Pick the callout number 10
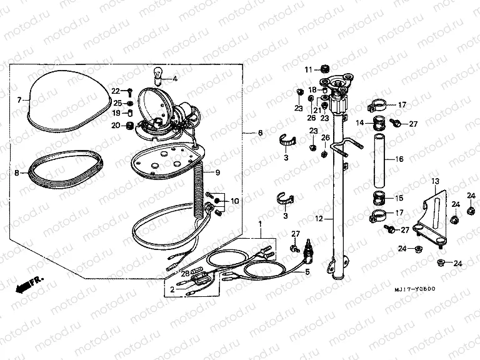point(235,201)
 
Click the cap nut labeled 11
point(326,68)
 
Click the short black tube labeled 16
point(378,159)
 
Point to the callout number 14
point(359,123)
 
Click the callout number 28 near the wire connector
point(184,273)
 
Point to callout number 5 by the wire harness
point(307,272)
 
